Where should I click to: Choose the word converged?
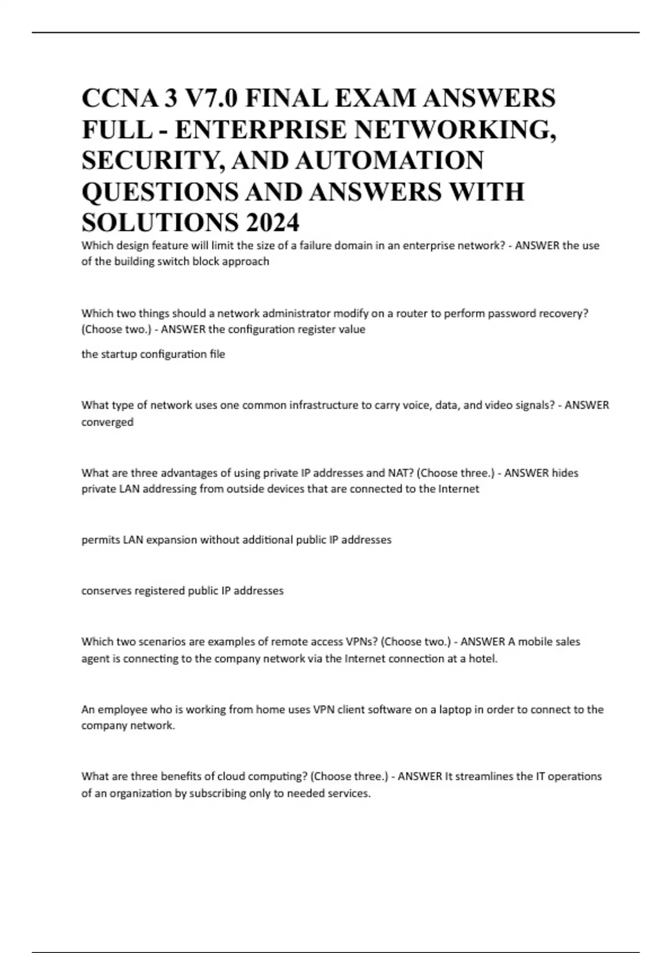pyautogui.click(x=108, y=422)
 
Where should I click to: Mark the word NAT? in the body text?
pyautogui.click(x=400, y=473)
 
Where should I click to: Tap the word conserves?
pyautogui.click(x=106, y=591)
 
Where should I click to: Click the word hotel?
pyautogui.click(x=483, y=659)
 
